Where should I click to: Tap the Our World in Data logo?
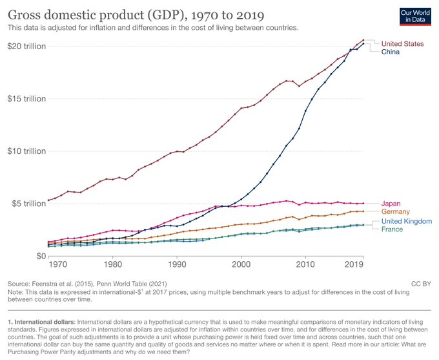(415, 16)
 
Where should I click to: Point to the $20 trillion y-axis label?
(26, 46)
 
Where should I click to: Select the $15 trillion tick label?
(26, 99)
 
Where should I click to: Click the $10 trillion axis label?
(26, 151)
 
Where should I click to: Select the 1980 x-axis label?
(113, 265)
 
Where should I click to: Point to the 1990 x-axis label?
(178, 265)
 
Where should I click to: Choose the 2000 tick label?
(241, 265)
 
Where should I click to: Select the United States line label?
(402, 43)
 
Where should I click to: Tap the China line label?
(391, 52)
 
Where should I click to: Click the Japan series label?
(391, 204)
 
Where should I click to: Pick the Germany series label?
(396, 212)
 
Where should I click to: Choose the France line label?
(393, 229)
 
